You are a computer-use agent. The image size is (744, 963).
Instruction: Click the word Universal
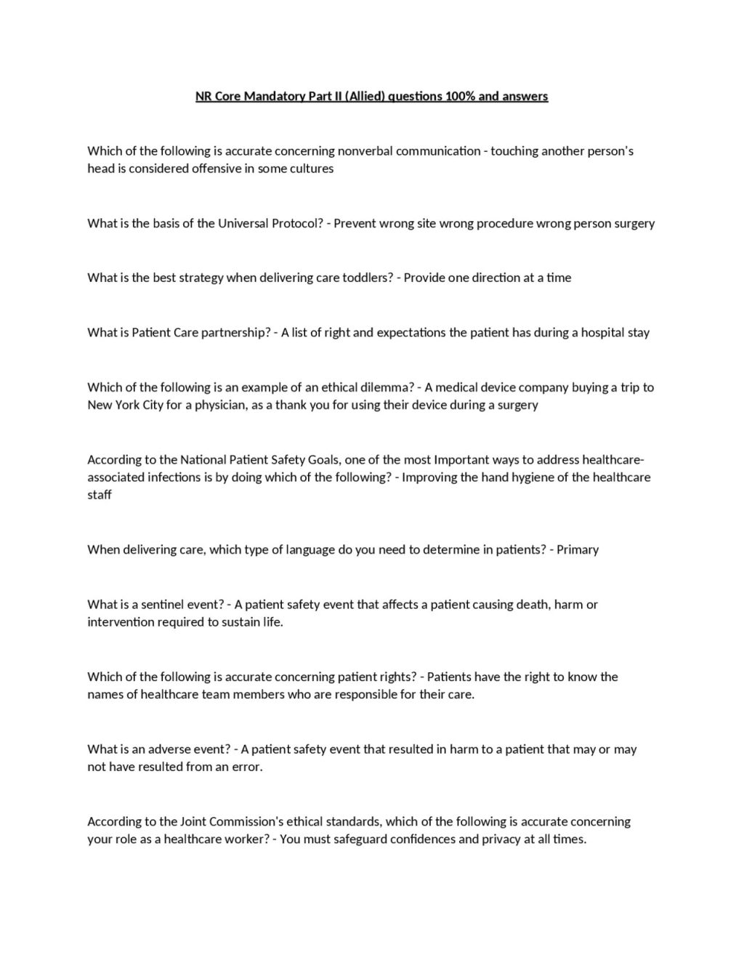[243, 223]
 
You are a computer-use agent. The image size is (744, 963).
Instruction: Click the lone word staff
[100, 495]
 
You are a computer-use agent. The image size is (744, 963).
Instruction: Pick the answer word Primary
[577, 549]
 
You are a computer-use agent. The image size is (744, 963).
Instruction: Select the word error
[246, 767]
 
